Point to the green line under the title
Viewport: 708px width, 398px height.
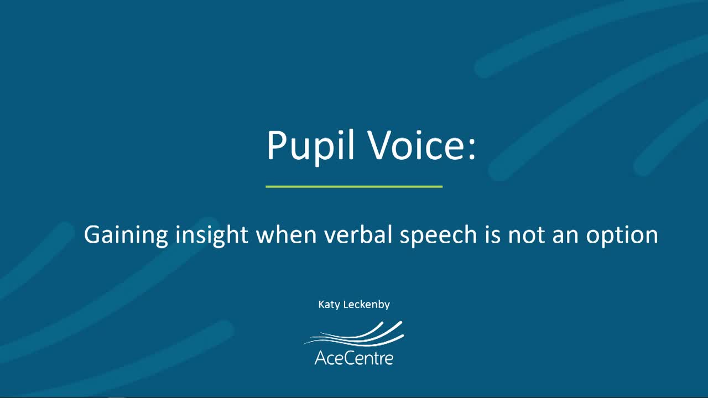point(354,187)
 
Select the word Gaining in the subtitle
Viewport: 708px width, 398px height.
point(126,235)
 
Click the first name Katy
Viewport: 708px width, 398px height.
point(330,305)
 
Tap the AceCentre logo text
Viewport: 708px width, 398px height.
point(354,358)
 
